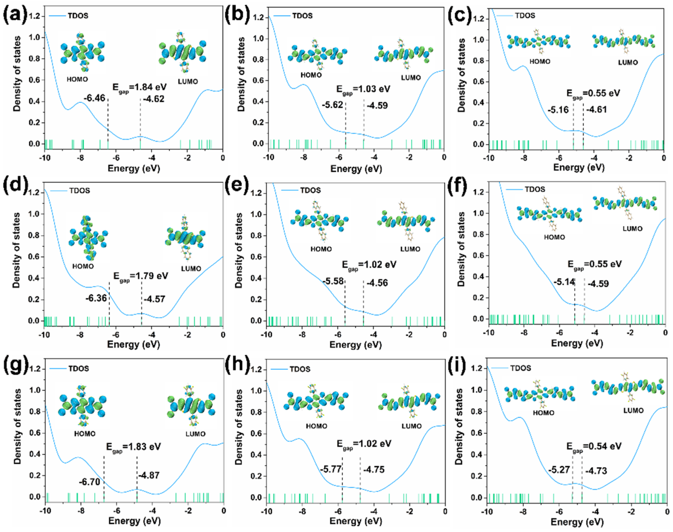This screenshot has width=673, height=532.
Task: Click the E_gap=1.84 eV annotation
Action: [x=139, y=87]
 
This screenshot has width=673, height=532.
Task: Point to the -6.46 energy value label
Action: [x=95, y=98]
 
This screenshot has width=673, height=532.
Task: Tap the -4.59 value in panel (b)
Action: [x=377, y=106]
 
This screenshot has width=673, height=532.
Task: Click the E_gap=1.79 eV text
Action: [x=141, y=276]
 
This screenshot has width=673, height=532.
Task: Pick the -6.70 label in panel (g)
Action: [x=89, y=482]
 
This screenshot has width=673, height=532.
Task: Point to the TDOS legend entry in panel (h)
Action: [x=300, y=369]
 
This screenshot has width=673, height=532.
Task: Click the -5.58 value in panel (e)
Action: [x=333, y=282]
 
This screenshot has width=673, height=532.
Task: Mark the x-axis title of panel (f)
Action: [x=577, y=344]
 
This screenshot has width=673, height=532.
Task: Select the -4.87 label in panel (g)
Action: [x=149, y=476]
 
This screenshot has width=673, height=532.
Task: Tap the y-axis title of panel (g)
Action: [x=17, y=426]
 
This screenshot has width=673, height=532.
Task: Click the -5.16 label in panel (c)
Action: [x=558, y=110]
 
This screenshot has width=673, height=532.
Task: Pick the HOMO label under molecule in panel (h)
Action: [x=316, y=426]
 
